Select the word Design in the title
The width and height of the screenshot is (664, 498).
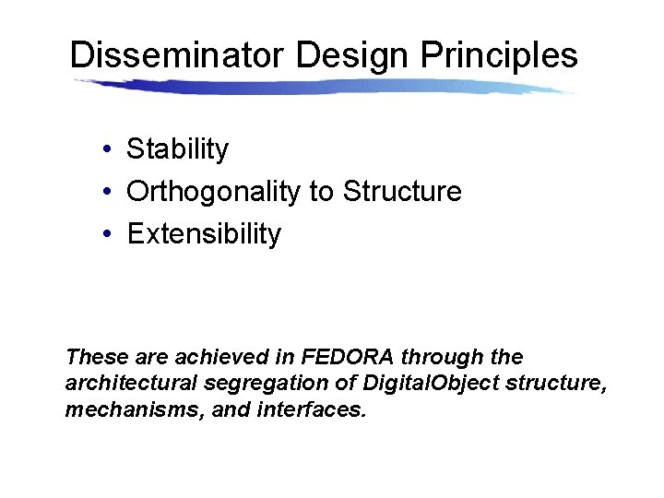click(x=353, y=55)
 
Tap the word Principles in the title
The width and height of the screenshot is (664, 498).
click(x=499, y=55)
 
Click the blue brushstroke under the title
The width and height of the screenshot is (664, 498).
click(x=323, y=87)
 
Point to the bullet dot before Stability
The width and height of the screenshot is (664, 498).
click(x=108, y=149)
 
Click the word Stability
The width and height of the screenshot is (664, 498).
click(x=177, y=149)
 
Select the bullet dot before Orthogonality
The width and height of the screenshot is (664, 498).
click(x=108, y=192)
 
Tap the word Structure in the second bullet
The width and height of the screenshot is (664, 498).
click(x=402, y=192)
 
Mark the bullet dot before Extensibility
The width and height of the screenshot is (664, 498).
click(x=108, y=234)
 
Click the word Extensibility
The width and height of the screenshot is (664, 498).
click(x=204, y=234)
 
